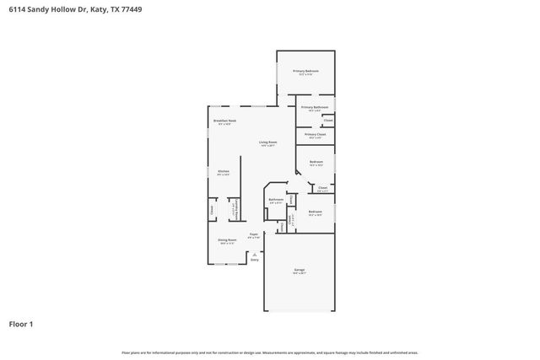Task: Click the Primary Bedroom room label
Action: click(306, 71)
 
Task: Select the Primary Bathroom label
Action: click(314, 107)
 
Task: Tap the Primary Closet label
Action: click(316, 135)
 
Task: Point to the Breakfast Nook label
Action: click(224, 121)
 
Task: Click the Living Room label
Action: click(268, 142)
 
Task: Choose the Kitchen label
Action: click(224, 171)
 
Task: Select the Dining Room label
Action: click(227, 239)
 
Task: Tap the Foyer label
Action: click(253, 234)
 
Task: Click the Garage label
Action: click(299, 270)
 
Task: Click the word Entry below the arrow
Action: click(255, 260)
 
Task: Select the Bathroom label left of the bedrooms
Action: click(276, 200)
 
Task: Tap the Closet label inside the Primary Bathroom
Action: click(328, 121)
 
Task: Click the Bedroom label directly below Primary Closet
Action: click(316, 162)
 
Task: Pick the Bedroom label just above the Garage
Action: click(315, 212)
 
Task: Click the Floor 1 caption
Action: click(21, 324)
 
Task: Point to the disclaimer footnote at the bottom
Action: click(270, 352)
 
